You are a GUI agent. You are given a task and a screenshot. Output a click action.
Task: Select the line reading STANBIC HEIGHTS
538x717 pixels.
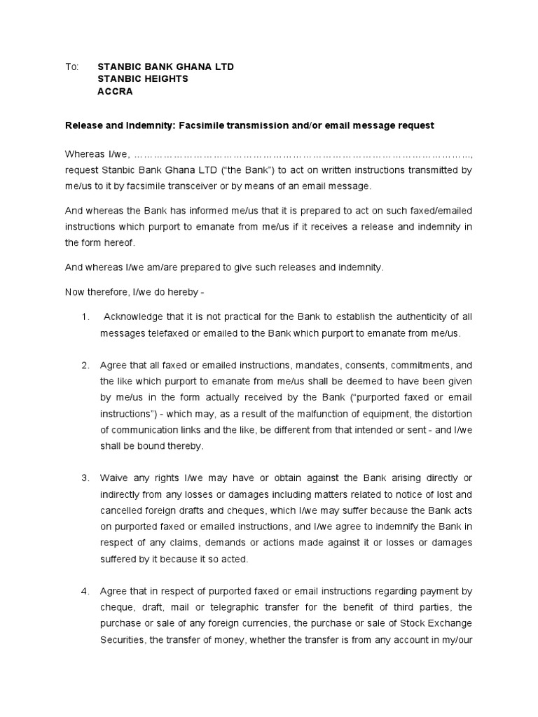coord(142,79)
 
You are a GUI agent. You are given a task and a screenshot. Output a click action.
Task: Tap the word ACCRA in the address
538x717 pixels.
coord(114,92)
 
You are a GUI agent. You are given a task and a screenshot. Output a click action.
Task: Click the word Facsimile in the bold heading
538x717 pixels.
coord(209,125)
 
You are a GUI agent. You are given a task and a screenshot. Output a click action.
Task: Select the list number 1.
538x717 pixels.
coord(85,317)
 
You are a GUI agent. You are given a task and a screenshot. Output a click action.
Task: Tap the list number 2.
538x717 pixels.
coord(85,365)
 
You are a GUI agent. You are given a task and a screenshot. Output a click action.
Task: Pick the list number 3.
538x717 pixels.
coord(85,478)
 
